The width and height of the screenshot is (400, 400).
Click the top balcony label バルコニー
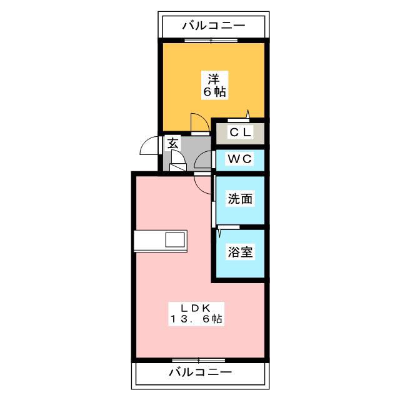tap(214, 26)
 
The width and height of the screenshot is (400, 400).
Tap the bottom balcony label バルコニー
tap(200, 372)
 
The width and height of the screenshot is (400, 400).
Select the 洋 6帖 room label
tap(214, 86)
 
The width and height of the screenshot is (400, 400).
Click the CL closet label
tap(240, 132)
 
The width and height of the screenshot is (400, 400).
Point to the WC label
tap(240, 159)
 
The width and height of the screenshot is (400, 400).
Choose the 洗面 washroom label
tap(240, 199)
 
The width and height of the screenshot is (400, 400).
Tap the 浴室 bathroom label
tap(240, 252)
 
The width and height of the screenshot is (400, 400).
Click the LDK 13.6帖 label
tap(196, 314)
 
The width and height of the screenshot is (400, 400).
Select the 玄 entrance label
tap(172, 144)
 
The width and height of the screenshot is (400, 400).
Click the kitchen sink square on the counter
tap(175, 239)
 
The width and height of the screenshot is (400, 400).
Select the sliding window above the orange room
tap(211, 40)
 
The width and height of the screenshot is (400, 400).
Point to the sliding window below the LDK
tap(199, 360)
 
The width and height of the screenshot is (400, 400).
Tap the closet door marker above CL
tap(239, 118)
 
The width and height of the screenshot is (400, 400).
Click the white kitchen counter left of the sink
tap(150, 241)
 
